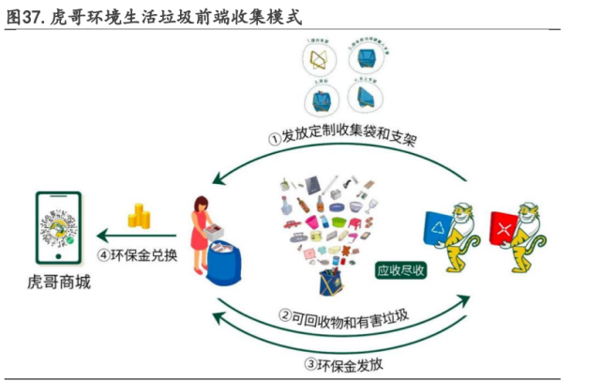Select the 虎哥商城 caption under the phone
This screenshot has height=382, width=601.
[x=59, y=282]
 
